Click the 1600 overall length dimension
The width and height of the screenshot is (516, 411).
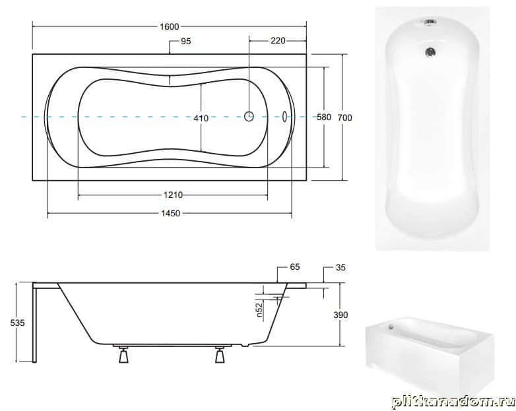[x=169, y=26]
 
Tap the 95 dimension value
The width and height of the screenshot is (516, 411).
[x=185, y=42]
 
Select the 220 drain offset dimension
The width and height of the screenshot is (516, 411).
[x=278, y=40]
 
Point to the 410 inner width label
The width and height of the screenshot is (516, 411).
[x=201, y=118]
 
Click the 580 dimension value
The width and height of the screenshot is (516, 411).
[x=324, y=117]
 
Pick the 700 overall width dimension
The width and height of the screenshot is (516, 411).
[x=344, y=117]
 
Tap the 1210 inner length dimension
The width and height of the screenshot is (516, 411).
[x=173, y=195]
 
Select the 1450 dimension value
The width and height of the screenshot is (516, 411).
[x=170, y=214]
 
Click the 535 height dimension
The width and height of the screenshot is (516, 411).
[x=17, y=323]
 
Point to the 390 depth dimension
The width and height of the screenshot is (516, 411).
[x=340, y=315]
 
